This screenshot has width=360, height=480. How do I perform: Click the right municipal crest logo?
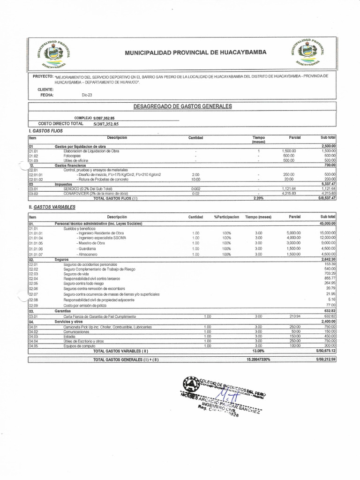coord(307,51)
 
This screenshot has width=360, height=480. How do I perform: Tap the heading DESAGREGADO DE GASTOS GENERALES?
coord(182,106)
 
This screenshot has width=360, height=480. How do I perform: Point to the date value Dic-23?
coord(87,95)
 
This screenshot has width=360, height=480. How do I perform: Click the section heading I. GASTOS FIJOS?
coord(45,131)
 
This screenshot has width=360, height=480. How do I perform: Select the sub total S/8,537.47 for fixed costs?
coord(325,198)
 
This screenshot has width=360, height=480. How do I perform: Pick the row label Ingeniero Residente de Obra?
coord(101,233)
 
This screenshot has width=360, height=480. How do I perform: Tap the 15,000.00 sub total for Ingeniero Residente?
coord(327,233)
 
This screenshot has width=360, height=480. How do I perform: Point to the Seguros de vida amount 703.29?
coord(330,273)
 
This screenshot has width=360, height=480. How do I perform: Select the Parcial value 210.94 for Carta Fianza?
coord(294,317)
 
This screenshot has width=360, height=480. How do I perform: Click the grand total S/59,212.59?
coord(325,359)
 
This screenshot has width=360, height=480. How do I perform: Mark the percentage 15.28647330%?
coord(258,359)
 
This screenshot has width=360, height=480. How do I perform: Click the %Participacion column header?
coord(226,217)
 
